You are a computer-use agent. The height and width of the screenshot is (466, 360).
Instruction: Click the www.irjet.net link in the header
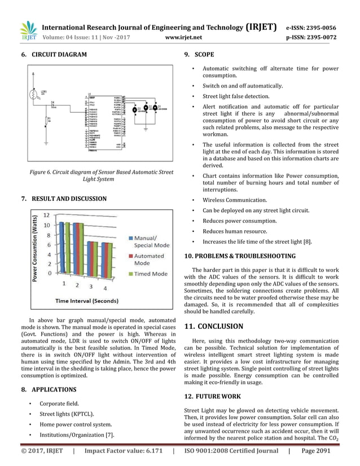[x=183, y=38]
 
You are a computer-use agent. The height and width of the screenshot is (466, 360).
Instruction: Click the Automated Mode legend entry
[x=146, y=259]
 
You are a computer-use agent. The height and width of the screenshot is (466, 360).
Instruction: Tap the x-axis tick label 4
[x=105, y=289]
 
